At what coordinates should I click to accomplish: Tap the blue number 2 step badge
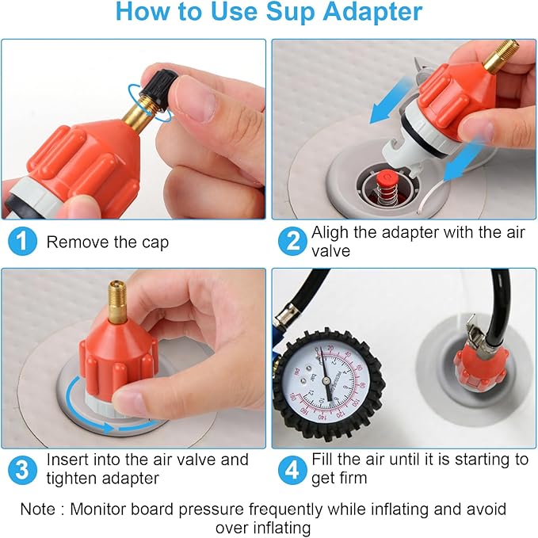click(x=292, y=242)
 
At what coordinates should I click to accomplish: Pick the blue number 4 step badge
click(x=292, y=469)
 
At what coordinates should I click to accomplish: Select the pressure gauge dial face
click(x=325, y=381)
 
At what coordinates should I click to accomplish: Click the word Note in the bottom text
click(x=39, y=509)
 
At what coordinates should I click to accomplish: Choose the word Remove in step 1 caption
click(x=76, y=242)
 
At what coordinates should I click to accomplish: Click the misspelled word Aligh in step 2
click(x=330, y=234)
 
